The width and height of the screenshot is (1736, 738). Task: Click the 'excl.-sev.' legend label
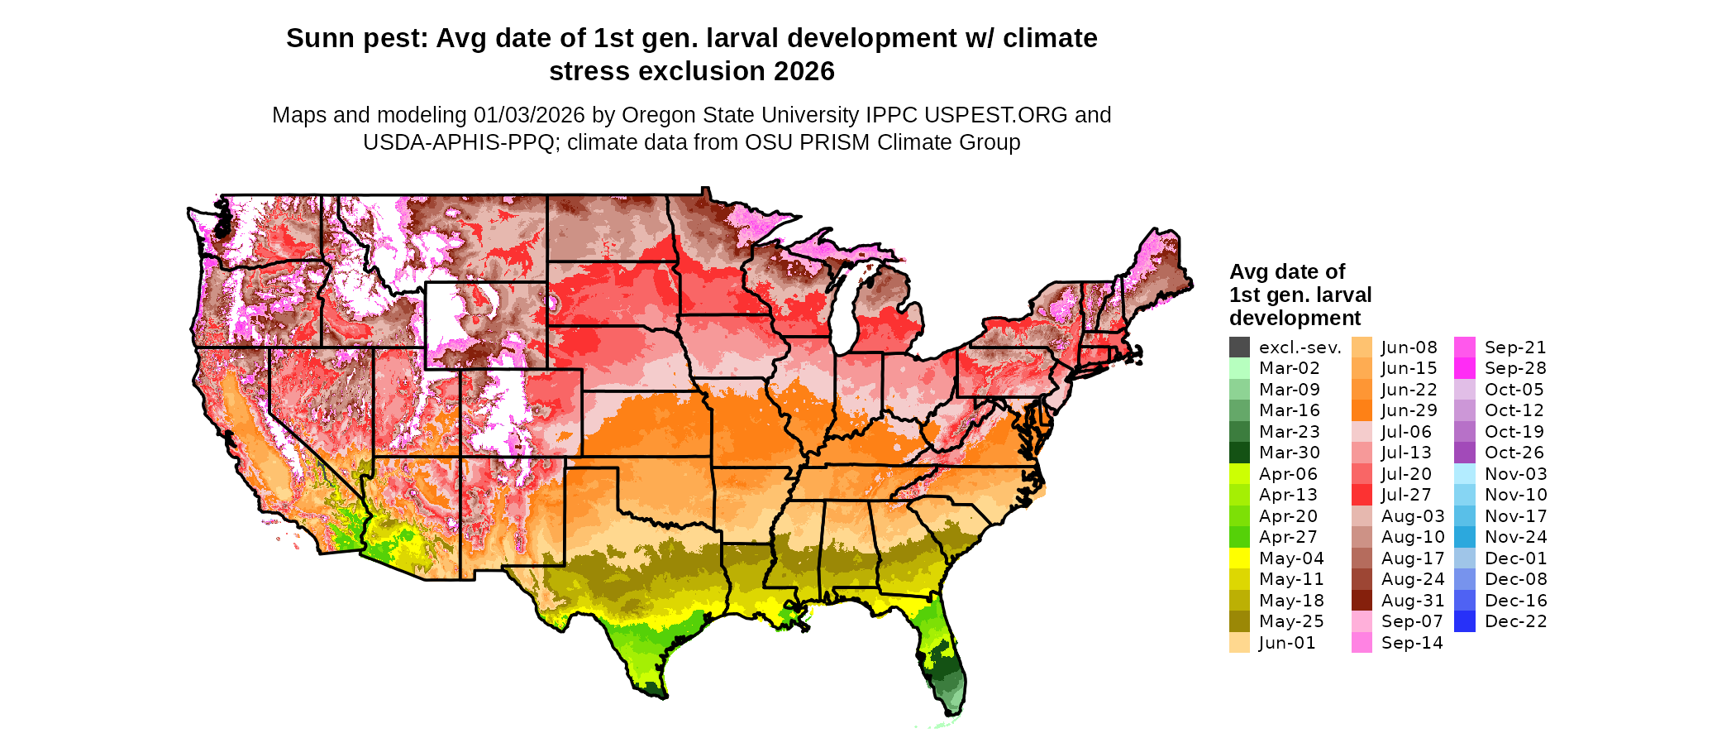click(x=1300, y=347)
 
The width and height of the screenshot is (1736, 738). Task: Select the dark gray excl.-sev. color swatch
click(x=1239, y=347)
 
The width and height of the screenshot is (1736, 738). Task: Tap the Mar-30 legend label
click(x=1289, y=453)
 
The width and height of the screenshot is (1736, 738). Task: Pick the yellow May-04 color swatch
click(x=1239, y=558)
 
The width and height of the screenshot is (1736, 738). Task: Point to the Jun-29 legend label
click(x=1409, y=410)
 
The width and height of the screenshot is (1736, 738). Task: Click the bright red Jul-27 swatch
click(x=1362, y=495)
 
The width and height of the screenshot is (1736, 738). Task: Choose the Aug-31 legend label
click(x=1413, y=601)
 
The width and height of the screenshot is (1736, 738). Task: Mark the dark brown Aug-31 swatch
click(x=1362, y=601)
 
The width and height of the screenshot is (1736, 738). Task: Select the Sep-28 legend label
click(x=1515, y=368)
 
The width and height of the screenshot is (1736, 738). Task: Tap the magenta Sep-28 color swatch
click(x=1464, y=368)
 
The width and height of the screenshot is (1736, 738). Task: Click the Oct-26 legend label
click(x=1514, y=453)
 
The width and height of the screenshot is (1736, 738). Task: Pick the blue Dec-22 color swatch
click(x=1464, y=621)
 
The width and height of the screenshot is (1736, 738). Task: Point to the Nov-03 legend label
click(x=1515, y=474)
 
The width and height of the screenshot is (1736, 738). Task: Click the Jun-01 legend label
click(x=1287, y=643)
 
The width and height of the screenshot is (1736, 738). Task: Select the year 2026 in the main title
click(x=804, y=71)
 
